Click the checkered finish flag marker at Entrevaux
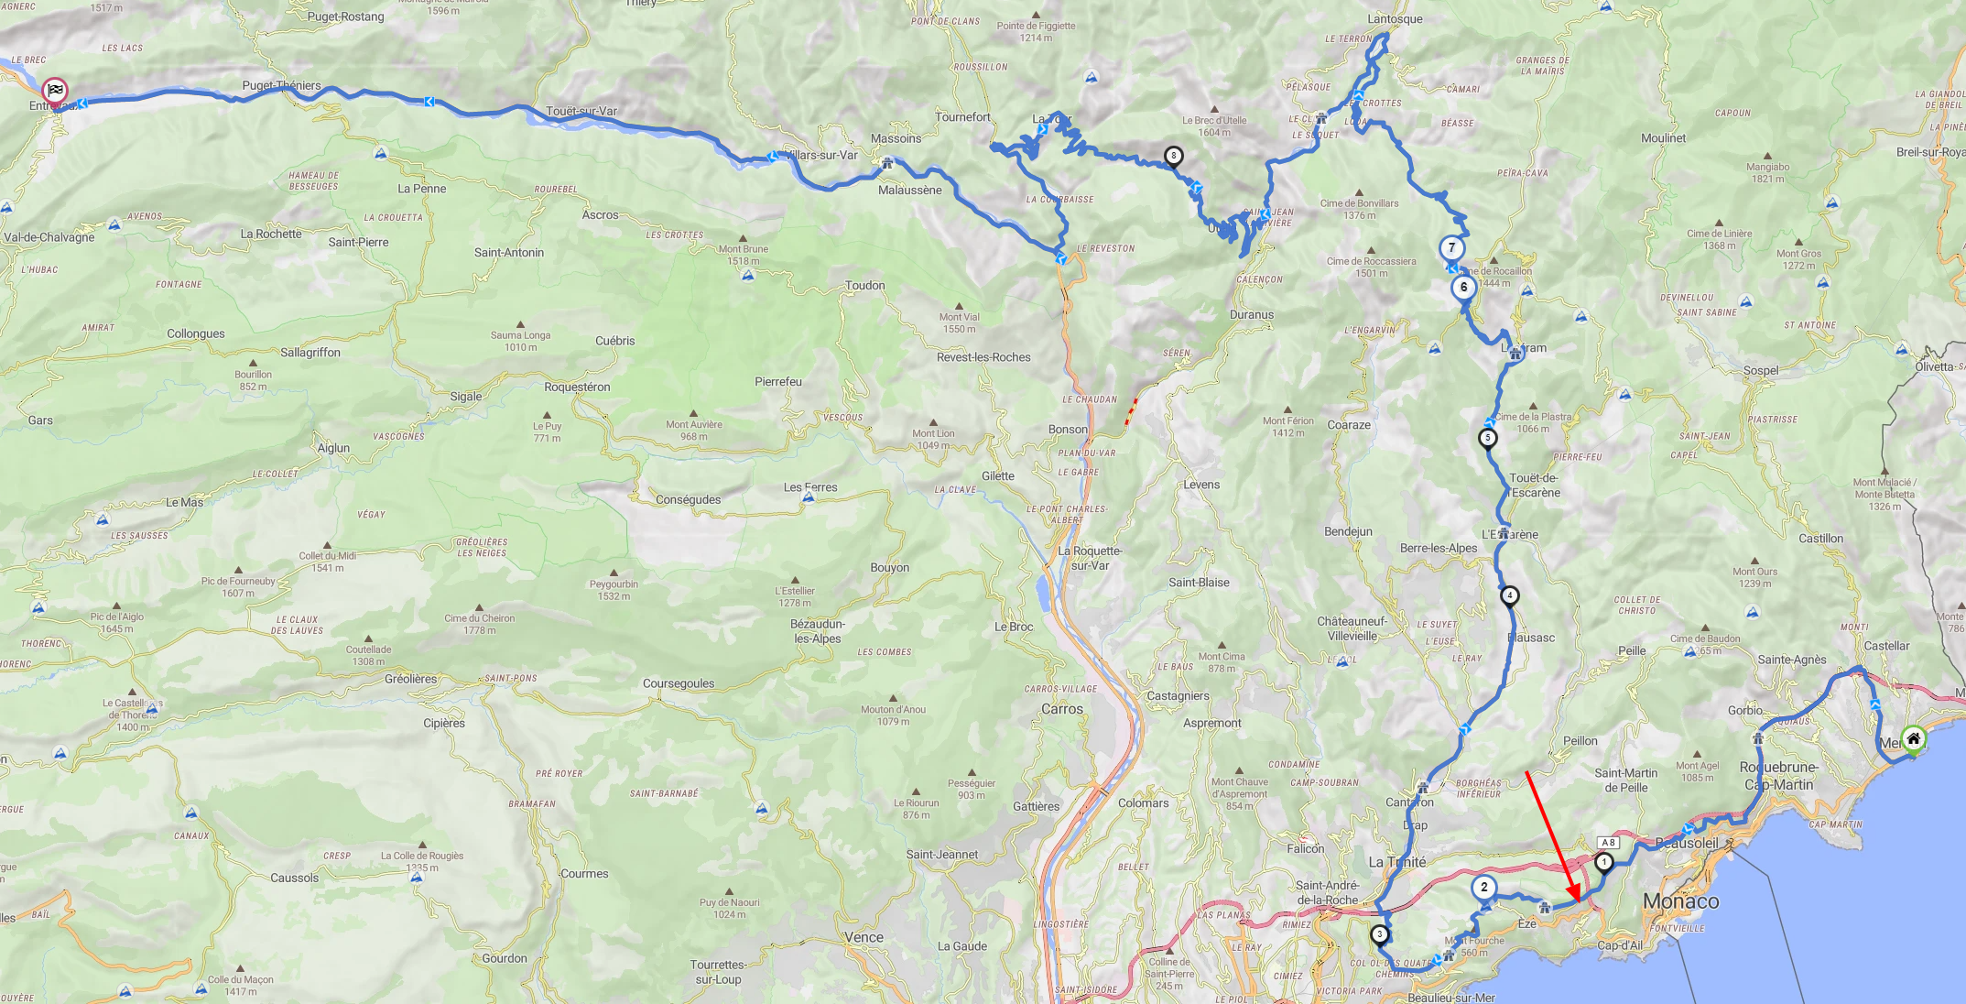click(55, 90)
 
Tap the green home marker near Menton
click(1913, 738)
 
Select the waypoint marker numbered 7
click(1451, 248)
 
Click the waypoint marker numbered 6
click(1463, 288)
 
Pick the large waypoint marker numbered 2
click(1484, 887)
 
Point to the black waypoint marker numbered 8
click(1173, 156)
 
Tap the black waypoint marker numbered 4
click(1509, 595)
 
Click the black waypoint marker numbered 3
click(1379, 934)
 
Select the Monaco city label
click(1680, 901)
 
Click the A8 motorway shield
click(1608, 843)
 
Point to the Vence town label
click(864, 937)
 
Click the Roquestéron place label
click(577, 387)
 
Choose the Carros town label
click(1062, 709)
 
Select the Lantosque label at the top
click(1395, 18)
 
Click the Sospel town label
click(1760, 370)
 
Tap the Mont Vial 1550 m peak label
click(959, 322)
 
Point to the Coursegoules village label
click(678, 683)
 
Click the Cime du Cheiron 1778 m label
click(480, 624)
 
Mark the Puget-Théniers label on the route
click(281, 85)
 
